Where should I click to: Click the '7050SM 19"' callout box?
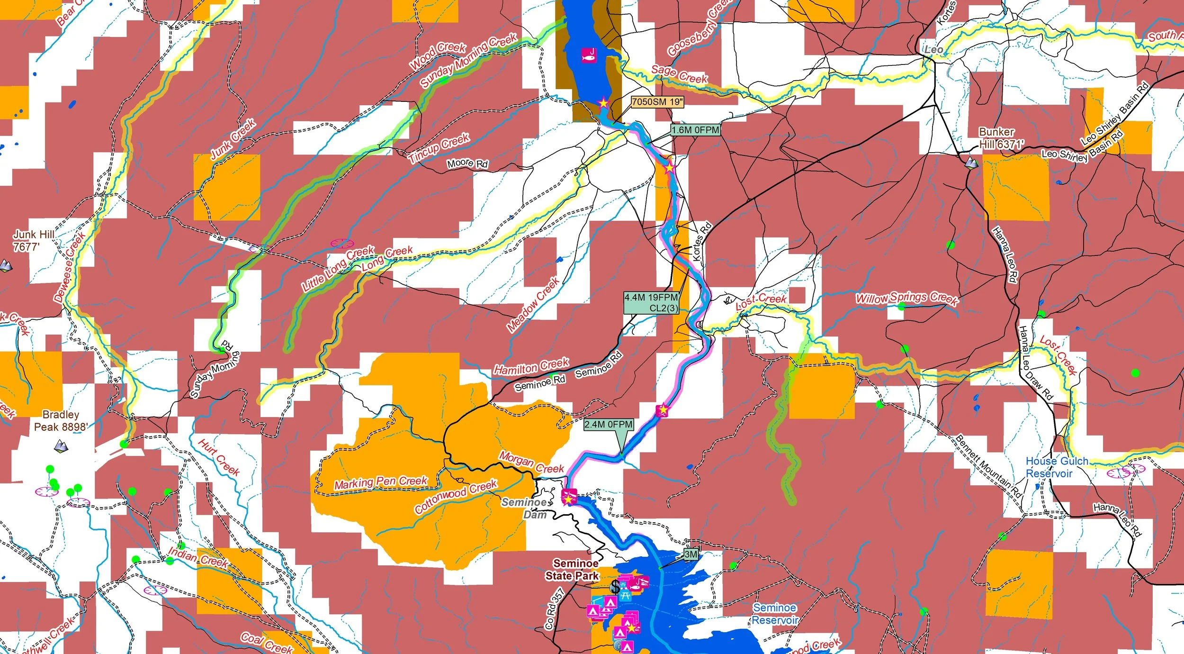click(657, 102)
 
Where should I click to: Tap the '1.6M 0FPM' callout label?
click(695, 130)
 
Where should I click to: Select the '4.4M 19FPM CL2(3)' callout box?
click(651, 302)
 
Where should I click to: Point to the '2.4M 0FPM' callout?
click(608, 425)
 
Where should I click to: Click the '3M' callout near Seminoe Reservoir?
click(691, 554)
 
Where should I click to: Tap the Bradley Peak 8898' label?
click(61, 421)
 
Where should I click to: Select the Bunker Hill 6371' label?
click(1001, 138)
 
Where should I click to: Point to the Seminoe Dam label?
click(527, 508)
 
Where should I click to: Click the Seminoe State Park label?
click(572, 570)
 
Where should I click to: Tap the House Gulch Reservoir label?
click(1056, 467)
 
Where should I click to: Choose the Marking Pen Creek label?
click(381, 482)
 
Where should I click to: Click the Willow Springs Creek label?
click(906, 298)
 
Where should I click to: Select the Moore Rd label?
click(467, 163)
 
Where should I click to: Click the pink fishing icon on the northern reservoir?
click(589, 55)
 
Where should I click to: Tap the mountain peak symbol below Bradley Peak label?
click(60, 446)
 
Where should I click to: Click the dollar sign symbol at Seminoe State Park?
click(615, 586)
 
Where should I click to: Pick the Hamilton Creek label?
click(531, 366)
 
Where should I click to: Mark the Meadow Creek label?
click(533, 304)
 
